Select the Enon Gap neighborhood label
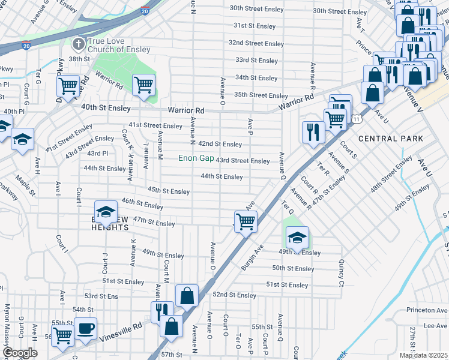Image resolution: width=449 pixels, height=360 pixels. [196, 159]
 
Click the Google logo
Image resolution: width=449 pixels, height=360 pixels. [20, 353]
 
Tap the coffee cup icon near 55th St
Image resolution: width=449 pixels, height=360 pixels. [85, 329]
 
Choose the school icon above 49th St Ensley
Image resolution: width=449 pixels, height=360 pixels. [297, 238]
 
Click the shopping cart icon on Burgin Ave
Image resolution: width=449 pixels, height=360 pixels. [246, 221]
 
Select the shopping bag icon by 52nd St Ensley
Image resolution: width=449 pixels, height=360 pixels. [187, 295]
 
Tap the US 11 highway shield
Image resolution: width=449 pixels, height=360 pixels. [357, 120]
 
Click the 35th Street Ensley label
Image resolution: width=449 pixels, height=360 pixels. [261, 95]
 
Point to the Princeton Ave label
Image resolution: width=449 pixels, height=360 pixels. [427, 310]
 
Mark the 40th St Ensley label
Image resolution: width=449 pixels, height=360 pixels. [106, 107]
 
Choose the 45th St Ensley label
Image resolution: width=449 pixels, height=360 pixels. [169, 190]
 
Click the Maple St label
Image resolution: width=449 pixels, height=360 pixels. [26, 180]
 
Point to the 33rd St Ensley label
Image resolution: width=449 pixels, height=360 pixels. [256, 61]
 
